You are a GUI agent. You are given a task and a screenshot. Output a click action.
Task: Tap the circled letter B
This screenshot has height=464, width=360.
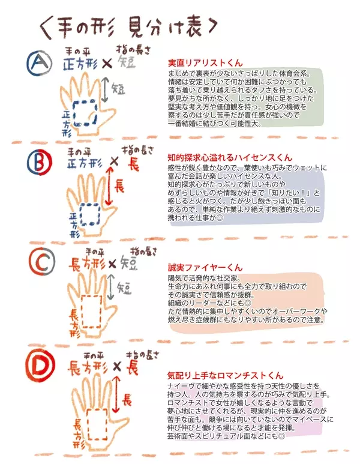point(40,163)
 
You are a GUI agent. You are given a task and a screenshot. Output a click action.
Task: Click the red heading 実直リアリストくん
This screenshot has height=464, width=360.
point(205,63)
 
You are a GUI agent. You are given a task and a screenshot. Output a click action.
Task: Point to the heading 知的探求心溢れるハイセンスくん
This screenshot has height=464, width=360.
point(230,157)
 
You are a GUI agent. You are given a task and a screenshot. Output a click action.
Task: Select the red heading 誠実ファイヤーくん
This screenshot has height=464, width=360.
point(205,268)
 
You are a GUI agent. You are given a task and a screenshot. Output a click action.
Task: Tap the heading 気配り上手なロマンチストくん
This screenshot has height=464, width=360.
point(225,376)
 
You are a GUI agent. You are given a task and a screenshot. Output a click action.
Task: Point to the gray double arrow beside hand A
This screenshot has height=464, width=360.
point(104,90)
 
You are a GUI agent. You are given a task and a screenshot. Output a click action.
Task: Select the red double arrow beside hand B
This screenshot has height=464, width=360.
point(109,186)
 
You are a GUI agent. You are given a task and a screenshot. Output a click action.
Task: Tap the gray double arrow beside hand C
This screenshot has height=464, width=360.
point(111,287)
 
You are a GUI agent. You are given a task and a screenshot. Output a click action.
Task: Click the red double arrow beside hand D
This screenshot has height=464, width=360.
point(116,394)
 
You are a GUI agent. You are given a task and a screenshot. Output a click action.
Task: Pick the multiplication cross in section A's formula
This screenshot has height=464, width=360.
point(107,63)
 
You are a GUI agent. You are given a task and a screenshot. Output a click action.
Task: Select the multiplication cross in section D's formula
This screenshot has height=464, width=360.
point(117,367)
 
